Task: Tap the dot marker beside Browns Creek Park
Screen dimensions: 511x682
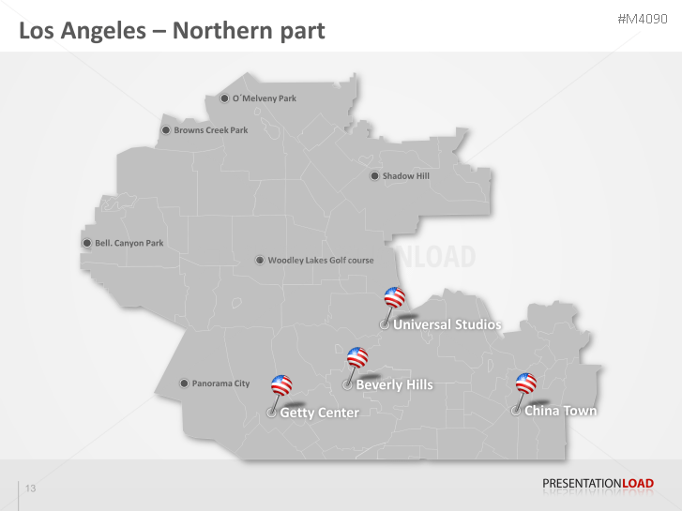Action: [x=166, y=130]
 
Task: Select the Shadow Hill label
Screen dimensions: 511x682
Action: [x=405, y=175]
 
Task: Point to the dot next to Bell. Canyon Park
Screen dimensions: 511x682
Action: [x=87, y=243]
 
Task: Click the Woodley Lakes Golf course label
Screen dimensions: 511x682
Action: [x=320, y=261]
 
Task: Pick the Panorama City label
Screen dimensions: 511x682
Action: [x=220, y=383]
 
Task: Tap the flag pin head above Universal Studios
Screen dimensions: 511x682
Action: [x=395, y=298]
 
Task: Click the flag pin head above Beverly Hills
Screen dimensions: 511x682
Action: [x=357, y=357]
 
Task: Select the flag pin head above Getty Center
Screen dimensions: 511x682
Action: [x=281, y=385]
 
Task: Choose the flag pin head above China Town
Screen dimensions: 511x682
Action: [x=526, y=383]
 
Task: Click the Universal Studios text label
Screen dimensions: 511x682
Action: [x=447, y=325]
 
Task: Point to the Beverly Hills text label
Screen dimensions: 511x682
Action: [x=394, y=384]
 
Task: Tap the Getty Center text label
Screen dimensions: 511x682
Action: [x=319, y=413]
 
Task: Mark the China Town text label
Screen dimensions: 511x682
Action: [x=560, y=411]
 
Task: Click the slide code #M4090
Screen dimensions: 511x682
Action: [x=644, y=20]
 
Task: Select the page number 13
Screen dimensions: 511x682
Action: [x=31, y=489]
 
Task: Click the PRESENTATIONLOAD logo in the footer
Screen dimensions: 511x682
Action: [x=598, y=484]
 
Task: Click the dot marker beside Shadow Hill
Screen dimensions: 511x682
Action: [x=373, y=175]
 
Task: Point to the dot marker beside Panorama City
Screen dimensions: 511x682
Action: [x=184, y=383]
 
